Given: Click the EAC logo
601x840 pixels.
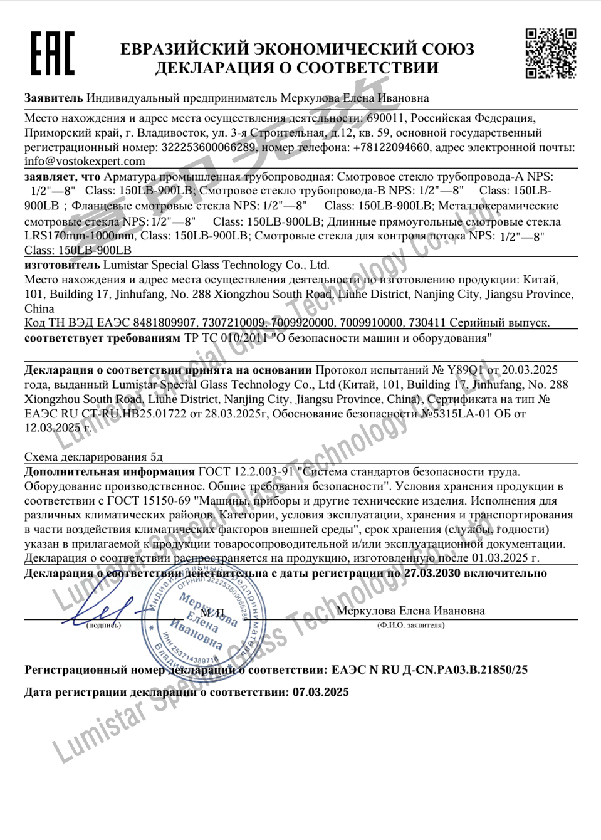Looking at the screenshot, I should [x=53, y=53].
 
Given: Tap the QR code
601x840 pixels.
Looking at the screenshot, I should [x=550, y=53].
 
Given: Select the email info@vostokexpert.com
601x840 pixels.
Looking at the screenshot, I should [x=85, y=161].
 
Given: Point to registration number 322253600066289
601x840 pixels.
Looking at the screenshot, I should [x=208, y=147].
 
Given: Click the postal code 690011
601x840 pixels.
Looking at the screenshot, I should [x=385, y=118].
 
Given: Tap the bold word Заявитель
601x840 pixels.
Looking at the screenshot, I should [x=53, y=98].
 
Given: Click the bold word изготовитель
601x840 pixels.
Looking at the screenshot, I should [x=61, y=265].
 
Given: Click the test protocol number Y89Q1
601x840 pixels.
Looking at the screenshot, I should [x=465, y=370].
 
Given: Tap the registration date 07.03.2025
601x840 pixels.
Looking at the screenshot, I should [x=320, y=693].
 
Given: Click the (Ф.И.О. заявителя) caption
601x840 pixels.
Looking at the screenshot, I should [x=410, y=626].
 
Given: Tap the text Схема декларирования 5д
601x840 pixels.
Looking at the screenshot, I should [x=93, y=457].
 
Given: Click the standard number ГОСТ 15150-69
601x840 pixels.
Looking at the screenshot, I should [x=149, y=501].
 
